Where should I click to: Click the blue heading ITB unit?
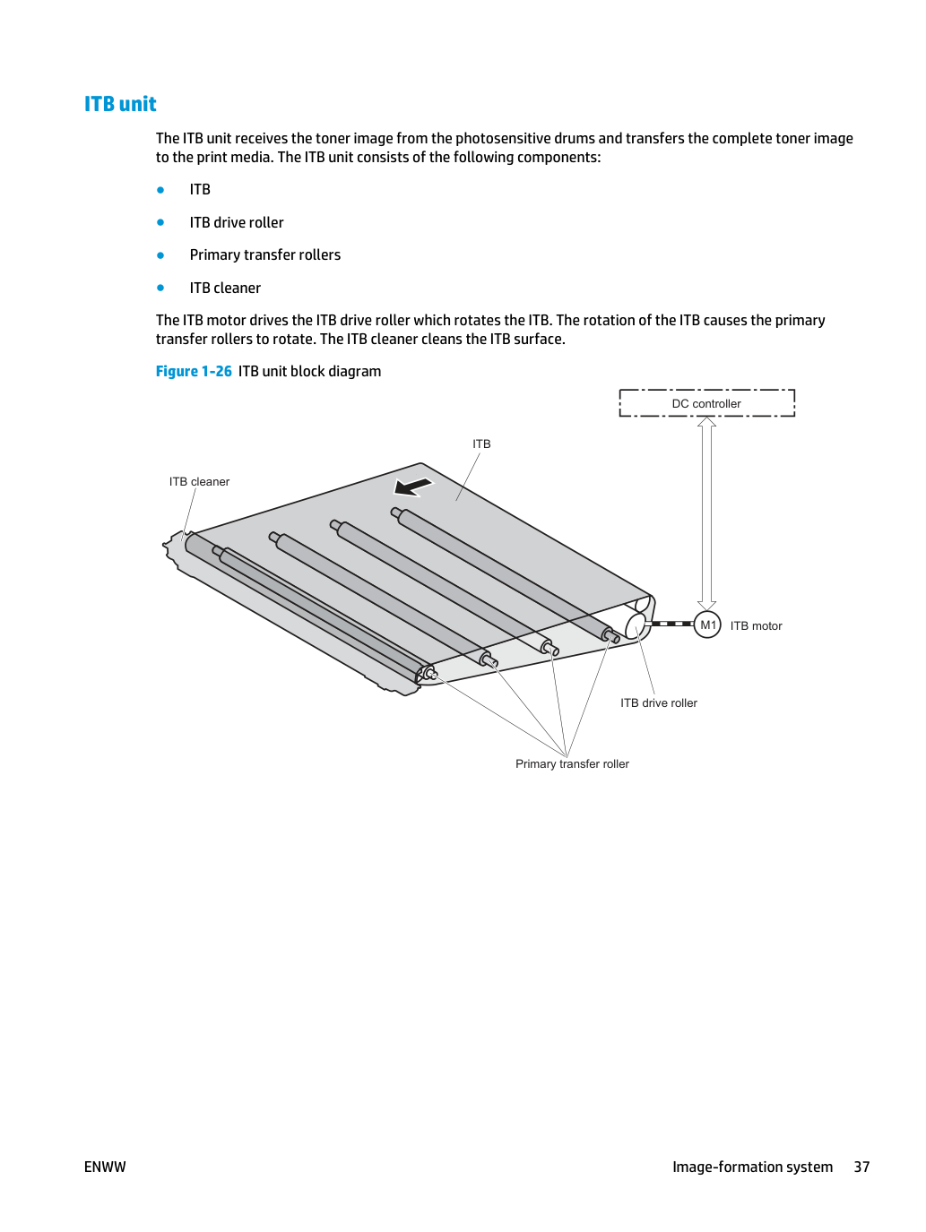(120, 104)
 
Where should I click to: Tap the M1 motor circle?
(707, 625)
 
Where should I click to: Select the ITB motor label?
(756, 625)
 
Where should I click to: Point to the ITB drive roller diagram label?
(658, 702)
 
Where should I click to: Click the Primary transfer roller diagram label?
(572, 764)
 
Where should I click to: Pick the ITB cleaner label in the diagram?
(199, 481)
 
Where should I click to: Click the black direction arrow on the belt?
(413, 487)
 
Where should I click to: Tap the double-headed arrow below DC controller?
(706, 513)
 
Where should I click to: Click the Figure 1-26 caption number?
(194, 372)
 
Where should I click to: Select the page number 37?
(861, 1167)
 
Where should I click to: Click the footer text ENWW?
(105, 1167)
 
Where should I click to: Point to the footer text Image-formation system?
(752, 1167)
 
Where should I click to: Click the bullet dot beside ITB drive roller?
(160, 222)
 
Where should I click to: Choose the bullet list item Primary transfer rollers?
(265, 254)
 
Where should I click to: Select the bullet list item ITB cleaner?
(225, 288)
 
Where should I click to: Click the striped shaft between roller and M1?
(670, 624)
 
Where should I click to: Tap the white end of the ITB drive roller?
(636, 625)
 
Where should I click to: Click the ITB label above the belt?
(481, 444)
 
